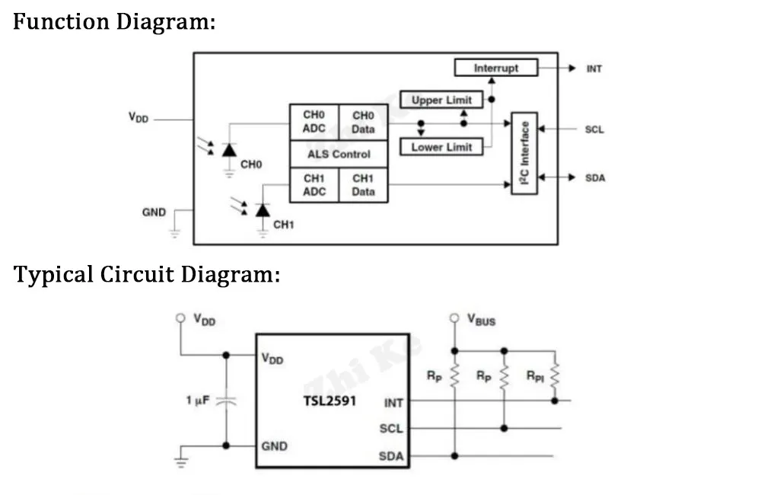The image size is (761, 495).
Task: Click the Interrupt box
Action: coord(495,68)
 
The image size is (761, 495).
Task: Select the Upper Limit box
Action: coord(441,100)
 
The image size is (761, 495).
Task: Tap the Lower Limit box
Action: coord(441,147)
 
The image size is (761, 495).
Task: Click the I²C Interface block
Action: coord(524,153)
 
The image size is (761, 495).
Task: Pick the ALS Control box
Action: coord(339,154)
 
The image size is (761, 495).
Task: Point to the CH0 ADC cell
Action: coord(314,122)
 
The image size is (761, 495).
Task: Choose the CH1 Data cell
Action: coord(363,185)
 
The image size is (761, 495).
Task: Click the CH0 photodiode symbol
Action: coord(229,150)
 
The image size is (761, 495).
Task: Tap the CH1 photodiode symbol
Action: coord(263,209)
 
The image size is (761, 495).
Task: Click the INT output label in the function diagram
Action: coord(594,69)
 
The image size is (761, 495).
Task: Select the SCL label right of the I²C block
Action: coord(594,129)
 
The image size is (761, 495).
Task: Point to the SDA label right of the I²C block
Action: coord(595,178)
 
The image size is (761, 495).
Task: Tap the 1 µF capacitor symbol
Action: coord(226,400)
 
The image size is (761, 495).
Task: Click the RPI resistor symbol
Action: coord(554,375)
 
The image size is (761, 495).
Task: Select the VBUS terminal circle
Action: coord(454,318)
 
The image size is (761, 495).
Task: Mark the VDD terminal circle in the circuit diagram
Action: coord(180,318)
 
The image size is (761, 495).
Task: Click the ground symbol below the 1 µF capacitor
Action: coord(180,458)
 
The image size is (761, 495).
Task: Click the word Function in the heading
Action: coord(61,21)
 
